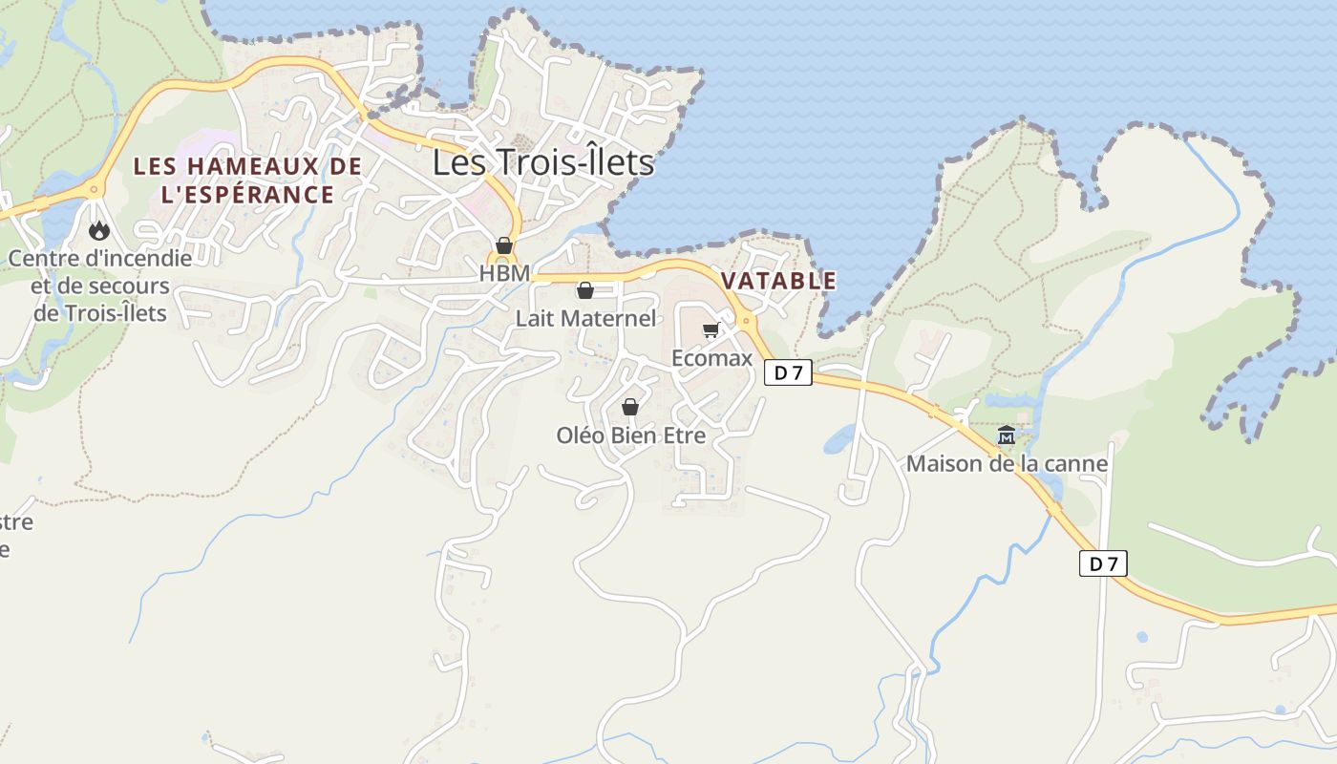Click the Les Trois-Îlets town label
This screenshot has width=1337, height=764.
543,162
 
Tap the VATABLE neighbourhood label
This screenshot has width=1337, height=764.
778,281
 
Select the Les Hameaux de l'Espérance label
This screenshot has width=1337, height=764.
247,180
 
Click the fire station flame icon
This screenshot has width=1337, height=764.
98,230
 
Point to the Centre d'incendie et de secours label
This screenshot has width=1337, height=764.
100,285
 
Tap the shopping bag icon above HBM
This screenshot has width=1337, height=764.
504,245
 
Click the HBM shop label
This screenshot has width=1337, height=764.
504,273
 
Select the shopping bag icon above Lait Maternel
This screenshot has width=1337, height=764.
585,290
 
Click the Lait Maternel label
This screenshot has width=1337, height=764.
586,318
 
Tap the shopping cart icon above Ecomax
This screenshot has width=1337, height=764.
711,330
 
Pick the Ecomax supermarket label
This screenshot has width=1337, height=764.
712,358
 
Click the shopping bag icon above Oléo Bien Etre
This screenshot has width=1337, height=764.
630,407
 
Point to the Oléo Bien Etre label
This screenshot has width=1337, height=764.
631,435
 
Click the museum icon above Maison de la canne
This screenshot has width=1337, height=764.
1007,435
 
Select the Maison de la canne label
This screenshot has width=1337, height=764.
1007,464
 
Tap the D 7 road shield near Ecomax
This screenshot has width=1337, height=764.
788,372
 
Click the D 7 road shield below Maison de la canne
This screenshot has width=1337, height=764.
1103,563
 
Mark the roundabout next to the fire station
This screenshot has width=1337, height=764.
94,189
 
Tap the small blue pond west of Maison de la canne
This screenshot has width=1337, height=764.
839,439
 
